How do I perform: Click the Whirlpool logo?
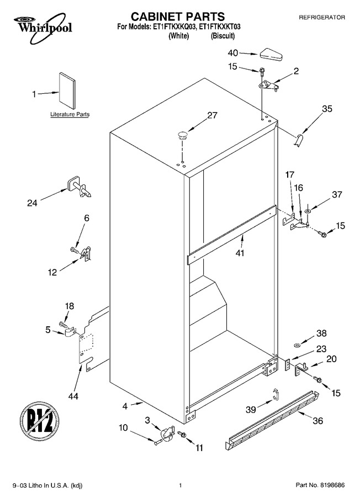[x=43, y=27]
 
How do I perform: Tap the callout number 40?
[x=233, y=53]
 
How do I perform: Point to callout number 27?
[x=213, y=115]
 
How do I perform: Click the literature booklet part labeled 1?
[x=67, y=91]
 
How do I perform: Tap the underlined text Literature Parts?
[x=70, y=114]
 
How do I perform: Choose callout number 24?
[x=32, y=203]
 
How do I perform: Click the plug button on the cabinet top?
[x=183, y=135]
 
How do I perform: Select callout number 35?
[x=327, y=109]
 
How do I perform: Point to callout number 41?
[x=240, y=253]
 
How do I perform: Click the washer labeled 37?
[x=308, y=211]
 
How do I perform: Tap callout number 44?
[x=73, y=396]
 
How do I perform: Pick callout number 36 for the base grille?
[x=318, y=421]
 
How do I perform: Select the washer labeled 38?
[x=297, y=345]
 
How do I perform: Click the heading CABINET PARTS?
[x=178, y=17]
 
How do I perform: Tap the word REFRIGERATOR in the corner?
[x=322, y=18]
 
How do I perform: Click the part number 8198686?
[x=332, y=485]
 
